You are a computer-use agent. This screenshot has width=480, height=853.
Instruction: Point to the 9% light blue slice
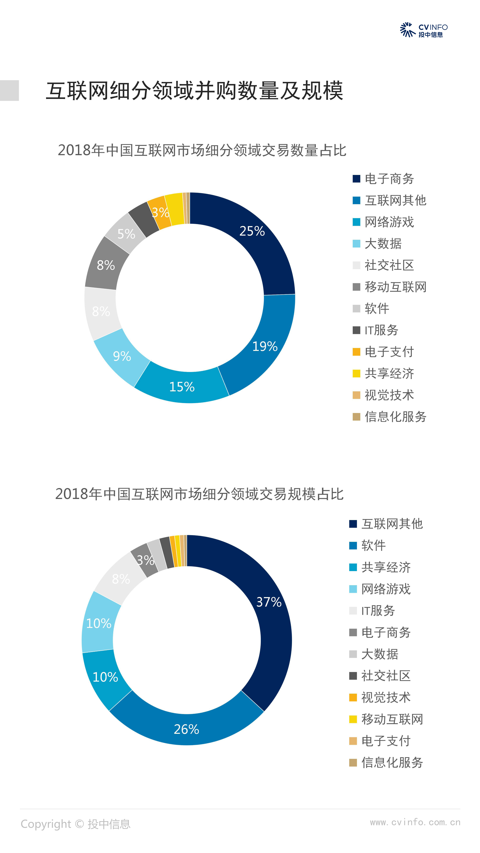pos(122,356)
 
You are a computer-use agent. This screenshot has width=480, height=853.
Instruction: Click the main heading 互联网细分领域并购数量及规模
pos(194,91)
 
